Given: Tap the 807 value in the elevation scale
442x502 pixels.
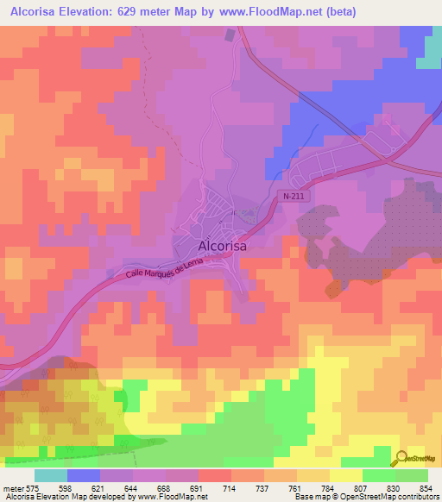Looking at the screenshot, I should click(x=349, y=488).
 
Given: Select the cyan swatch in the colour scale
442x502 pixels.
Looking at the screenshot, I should click(x=51, y=475).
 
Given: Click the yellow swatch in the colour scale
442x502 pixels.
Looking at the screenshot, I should click(x=346, y=475).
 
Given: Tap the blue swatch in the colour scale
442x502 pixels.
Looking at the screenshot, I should click(x=84, y=475).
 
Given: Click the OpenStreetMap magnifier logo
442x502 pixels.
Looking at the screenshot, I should click(x=400, y=459).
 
